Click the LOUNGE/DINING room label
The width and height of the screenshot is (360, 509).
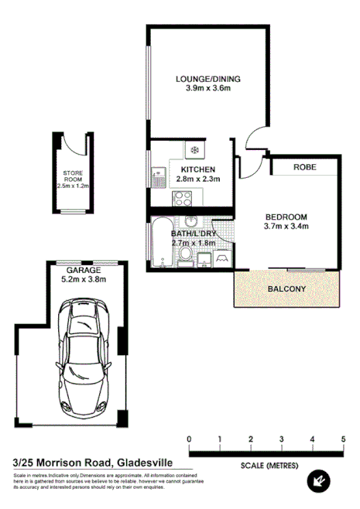click(208, 78)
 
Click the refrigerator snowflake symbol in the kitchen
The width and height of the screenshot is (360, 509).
click(194, 150)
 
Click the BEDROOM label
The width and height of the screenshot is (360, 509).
click(286, 216)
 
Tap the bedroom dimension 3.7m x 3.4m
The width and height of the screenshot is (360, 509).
click(286, 227)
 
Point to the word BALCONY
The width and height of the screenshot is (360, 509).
click(286, 289)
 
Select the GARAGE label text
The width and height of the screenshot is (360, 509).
click(83, 270)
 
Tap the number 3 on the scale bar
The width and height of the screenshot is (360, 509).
click(251, 440)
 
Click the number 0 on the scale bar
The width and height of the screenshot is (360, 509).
click(190, 440)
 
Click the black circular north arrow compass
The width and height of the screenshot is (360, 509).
click(317, 482)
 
